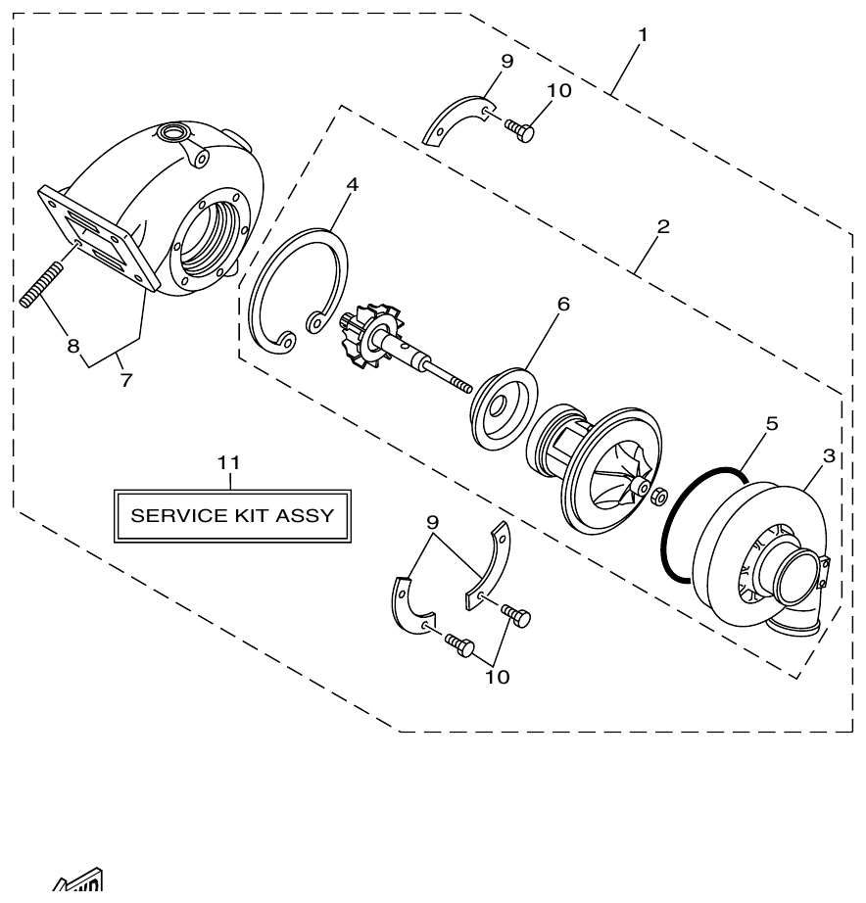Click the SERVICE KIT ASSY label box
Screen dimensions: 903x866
click(232, 514)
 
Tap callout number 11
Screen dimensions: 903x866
click(228, 462)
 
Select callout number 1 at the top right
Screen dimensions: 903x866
click(643, 35)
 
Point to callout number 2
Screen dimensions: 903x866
click(663, 227)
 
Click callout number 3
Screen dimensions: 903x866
click(829, 456)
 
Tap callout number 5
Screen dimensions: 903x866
click(772, 424)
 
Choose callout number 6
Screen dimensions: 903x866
click(563, 305)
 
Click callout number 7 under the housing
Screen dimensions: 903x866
click(125, 381)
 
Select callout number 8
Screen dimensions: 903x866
click(73, 345)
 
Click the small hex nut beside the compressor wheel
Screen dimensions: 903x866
click(659, 494)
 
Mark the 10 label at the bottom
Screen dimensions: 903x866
click(497, 677)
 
